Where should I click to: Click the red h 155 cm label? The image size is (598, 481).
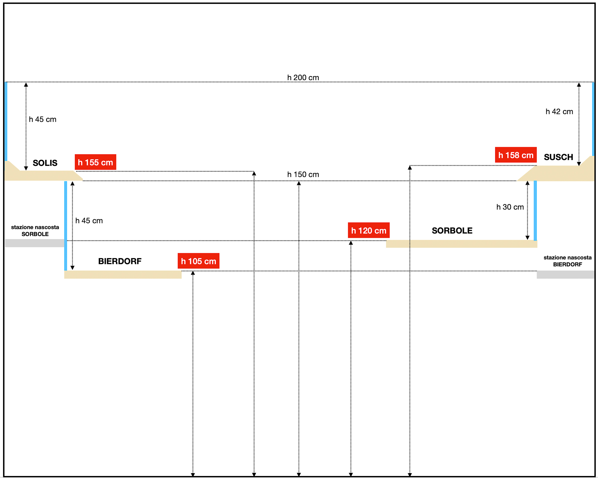95,162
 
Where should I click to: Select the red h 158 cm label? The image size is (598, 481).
516,155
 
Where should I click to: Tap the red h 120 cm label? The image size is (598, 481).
369,230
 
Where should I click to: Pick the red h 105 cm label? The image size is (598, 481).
198,261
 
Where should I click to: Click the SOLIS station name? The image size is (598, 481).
45,163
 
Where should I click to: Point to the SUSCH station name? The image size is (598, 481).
558,157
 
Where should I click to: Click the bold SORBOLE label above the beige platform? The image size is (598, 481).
452,230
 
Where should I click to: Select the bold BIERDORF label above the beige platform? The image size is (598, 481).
120,261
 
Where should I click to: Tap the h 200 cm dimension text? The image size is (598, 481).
303,78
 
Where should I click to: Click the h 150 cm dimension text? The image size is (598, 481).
303,174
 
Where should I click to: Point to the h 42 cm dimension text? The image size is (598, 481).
559,111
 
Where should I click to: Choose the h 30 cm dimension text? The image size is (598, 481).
510,207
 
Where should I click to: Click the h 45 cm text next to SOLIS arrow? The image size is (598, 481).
42,119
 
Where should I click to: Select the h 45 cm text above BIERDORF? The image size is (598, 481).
89,221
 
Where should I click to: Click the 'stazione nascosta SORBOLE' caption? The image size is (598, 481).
35,230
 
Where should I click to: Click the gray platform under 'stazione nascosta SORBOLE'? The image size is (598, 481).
34,243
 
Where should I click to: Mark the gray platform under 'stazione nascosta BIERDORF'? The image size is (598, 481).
565,274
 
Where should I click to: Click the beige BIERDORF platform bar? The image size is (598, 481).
123,274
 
